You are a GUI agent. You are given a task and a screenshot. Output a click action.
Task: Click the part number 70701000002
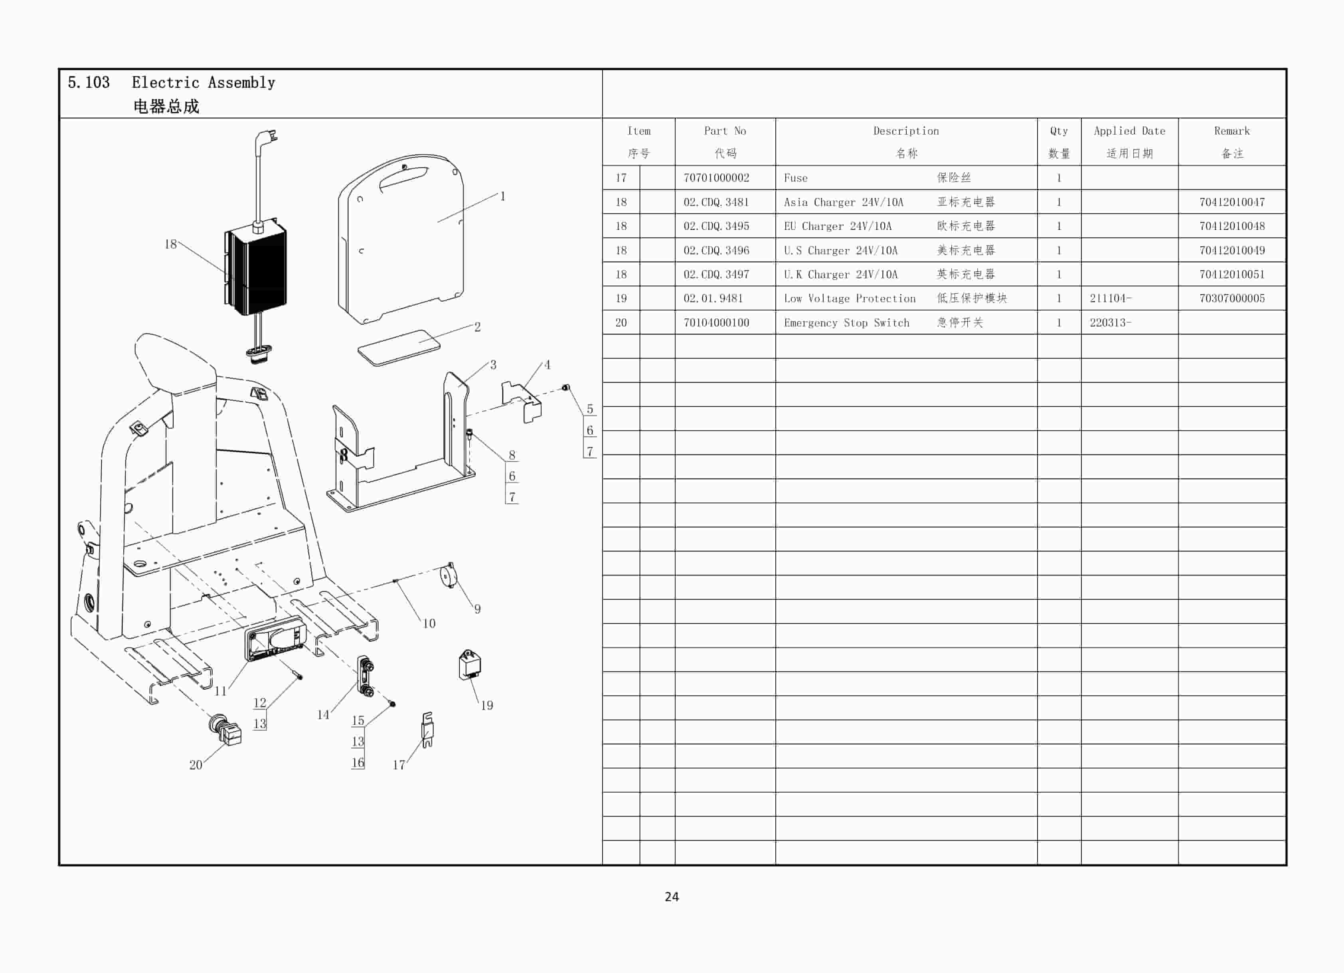point(716,178)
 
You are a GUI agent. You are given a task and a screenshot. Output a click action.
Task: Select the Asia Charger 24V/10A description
point(843,202)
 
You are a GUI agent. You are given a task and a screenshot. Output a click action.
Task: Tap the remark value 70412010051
point(1231,274)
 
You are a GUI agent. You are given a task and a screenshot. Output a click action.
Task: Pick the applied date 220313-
point(1110,322)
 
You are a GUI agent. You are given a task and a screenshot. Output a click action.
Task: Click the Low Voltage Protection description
point(850,299)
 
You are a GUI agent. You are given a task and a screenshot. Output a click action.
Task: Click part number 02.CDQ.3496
point(716,250)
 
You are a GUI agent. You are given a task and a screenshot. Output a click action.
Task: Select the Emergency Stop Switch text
point(846,323)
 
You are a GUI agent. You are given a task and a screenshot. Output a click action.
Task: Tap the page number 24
point(672,896)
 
